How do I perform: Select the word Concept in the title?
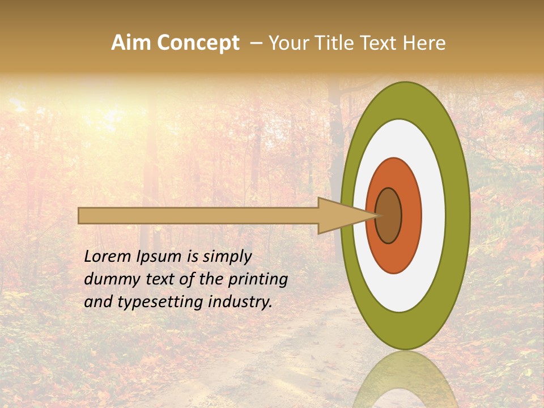(199, 44)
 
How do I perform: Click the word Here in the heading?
(424, 43)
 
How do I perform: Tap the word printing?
(258, 279)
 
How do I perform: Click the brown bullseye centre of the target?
(389, 216)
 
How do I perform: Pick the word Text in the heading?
(380, 43)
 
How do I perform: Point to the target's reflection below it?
(406, 379)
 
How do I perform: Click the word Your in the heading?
(287, 43)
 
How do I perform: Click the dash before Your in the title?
(256, 43)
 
